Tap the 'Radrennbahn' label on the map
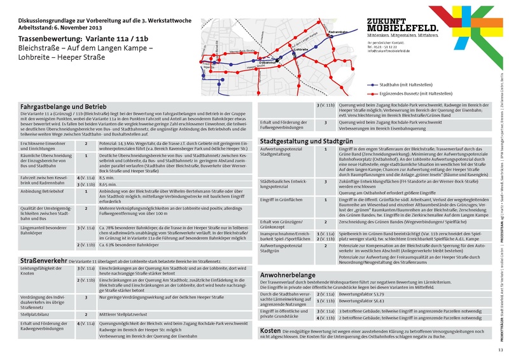[337, 32]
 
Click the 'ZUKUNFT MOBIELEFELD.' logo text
[402, 24]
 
